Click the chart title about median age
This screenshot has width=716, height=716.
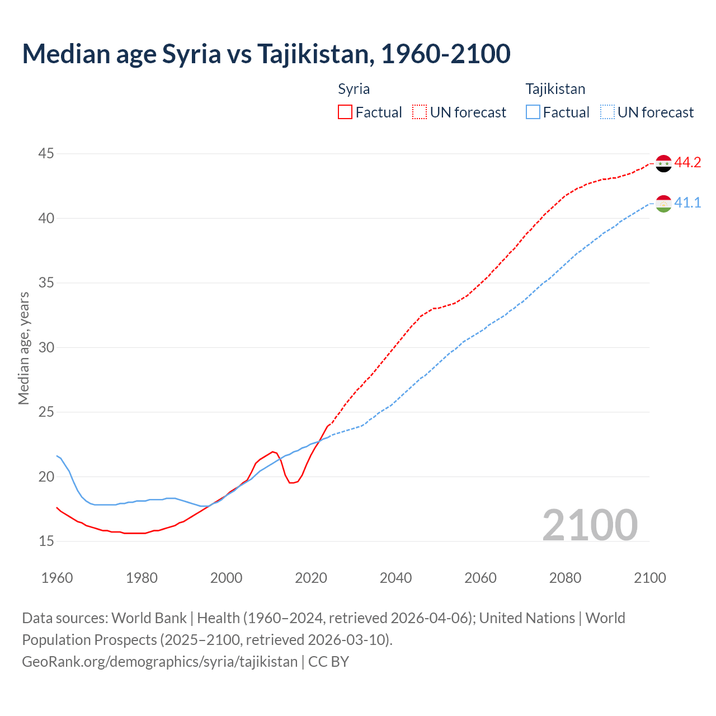[x=266, y=54]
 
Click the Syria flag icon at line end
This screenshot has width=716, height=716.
[x=663, y=163]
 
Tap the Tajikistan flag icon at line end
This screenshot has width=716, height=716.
[x=663, y=204]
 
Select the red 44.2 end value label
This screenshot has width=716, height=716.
[x=687, y=163]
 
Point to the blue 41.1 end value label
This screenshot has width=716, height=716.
[x=687, y=203]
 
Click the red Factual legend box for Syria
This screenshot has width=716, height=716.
[x=345, y=112]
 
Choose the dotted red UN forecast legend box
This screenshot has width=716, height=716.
[x=420, y=112]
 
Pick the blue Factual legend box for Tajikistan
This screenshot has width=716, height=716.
[x=533, y=112]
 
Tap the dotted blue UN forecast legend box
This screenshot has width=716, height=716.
[x=607, y=112]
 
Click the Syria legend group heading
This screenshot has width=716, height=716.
[x=354, y=89]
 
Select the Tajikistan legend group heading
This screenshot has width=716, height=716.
[x=555, y=89]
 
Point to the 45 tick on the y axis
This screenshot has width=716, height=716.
[x=46, y=154]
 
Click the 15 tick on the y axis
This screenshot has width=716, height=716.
[x=46, y=541]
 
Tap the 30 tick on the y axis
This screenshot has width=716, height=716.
[x=46, y=347]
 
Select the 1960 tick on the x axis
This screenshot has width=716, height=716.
[x=57, y=578]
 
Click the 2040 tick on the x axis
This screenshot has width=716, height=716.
[x=395, y=578]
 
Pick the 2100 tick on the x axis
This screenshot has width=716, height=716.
[x=649, y=578]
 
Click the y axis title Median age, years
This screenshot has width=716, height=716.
[x=23, y=348]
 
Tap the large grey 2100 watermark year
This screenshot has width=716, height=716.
[x=590, y=525]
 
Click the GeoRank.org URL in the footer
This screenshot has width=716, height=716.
[x=159, y=662]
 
